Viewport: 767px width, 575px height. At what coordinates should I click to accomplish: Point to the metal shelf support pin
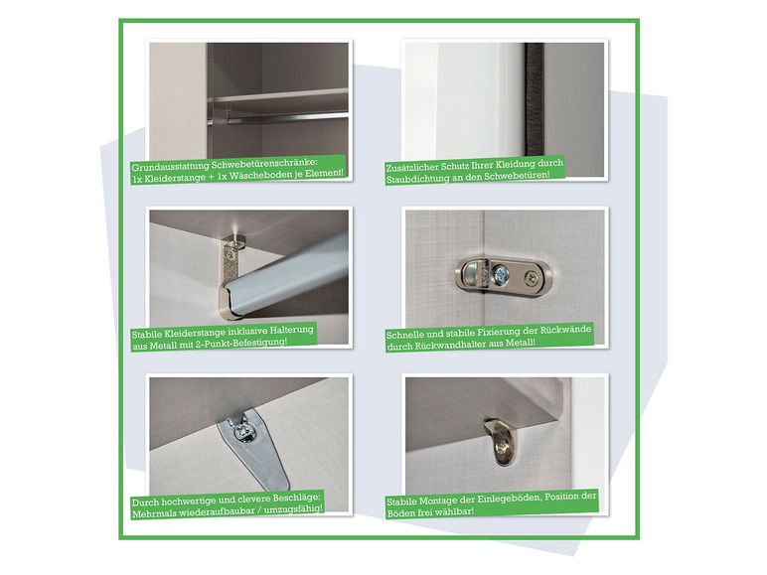pyautogui.click(x=497, y=441)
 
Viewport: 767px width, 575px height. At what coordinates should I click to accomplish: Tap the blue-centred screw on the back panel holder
pyautogui.click(x=501, y=273)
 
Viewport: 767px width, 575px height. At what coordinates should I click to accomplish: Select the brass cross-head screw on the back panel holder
pyautogui.click(x=532, y=279)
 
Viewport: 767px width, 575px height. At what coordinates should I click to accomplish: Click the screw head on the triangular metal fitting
pyautogui.click(x=242, y=432)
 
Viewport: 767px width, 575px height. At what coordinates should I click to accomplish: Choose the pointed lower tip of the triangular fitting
pyautogui.click(x=280, y=487)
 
